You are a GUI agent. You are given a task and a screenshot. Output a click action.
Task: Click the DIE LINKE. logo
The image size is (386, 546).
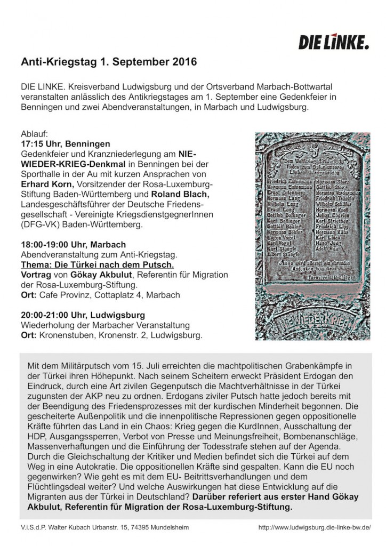334,41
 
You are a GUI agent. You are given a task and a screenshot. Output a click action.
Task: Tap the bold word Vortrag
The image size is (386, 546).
35,275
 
